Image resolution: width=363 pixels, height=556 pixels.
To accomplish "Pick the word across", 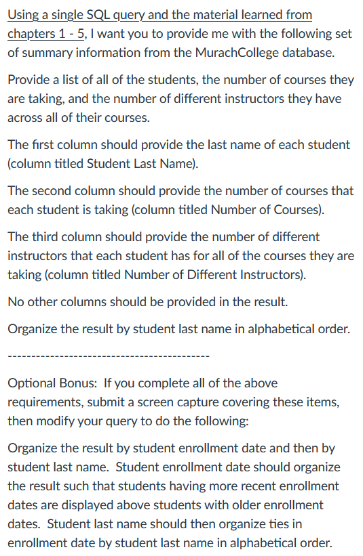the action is click(26, 117).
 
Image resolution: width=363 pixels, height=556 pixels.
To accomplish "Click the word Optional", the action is click(32, 383).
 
